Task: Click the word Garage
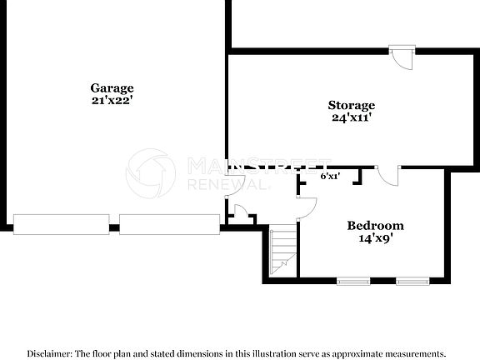112,88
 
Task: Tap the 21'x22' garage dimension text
112,101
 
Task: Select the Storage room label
351,105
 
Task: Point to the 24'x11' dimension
351,117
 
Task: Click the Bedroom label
375,226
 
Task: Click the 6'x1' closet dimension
330,177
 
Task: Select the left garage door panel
62,223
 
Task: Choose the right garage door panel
169,223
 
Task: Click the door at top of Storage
402,57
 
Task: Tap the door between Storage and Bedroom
387,176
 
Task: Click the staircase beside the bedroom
284,249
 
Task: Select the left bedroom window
352,281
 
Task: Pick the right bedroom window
412,281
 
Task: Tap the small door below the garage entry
241,213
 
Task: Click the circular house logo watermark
151,172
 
